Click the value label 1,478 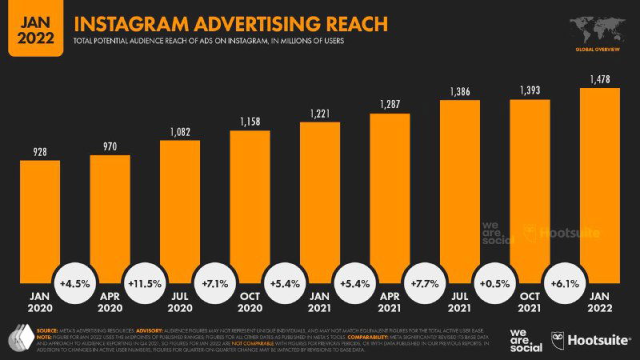coord(600,78)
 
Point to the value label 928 coord(40,151)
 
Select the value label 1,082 coord(180,131)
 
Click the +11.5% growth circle coord(145,283)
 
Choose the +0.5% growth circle coord(494,283)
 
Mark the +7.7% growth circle coord(425,283)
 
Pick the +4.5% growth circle coord(74,283)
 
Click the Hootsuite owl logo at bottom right coord(557,339)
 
